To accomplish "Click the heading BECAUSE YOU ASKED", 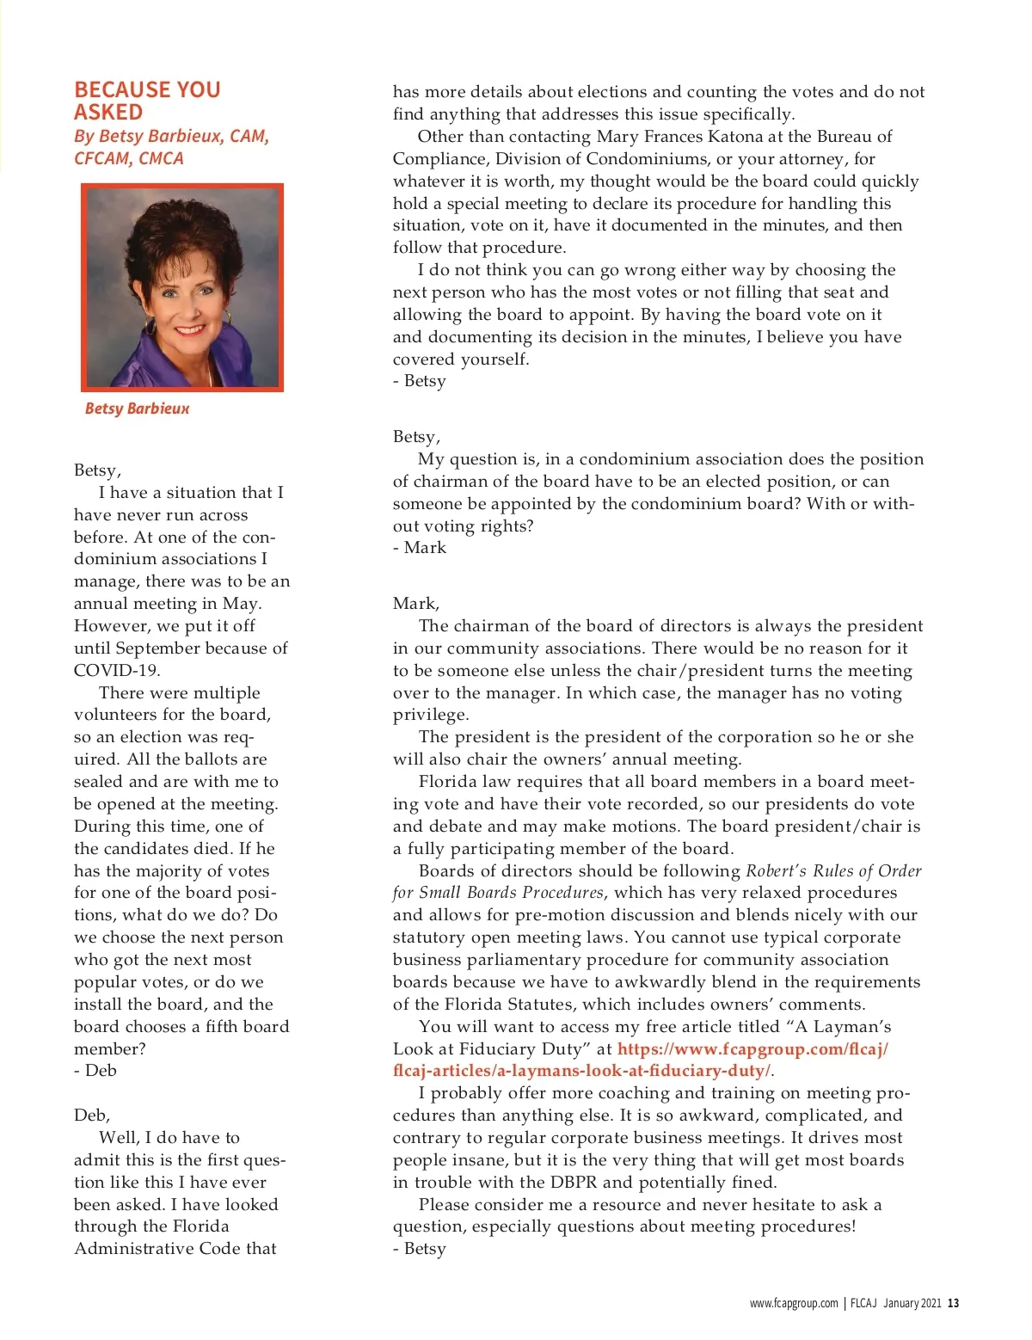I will pyautogui.click(x=147, y=101).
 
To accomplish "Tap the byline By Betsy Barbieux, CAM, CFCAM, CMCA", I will pyautogui.click(x=171, y=147).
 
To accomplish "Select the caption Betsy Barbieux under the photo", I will pyautogui.click(x=137, y=409).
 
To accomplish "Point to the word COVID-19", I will pyautogui.click(x=116, y=670).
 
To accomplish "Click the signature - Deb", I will pyautogui.click(x=95, y=1071).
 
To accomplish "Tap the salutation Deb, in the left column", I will pyautogui.click(x=92, y=1116).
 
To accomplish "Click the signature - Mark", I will pyautogui.click(x=420, y=548).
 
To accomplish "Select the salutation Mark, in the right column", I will pyautogui.click(x=416, y=604).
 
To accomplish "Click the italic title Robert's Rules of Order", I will pyautogui.click(x=832, y=871).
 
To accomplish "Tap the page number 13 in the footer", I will pyautogui.click(x=953, y=1303).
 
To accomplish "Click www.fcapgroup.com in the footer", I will pyautogui.click(x=793, y=1303).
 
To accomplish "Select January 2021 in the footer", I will pyautogui.click(x=912, y=1303).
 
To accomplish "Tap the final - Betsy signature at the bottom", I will pyautogui.click(x=420, y=1249).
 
